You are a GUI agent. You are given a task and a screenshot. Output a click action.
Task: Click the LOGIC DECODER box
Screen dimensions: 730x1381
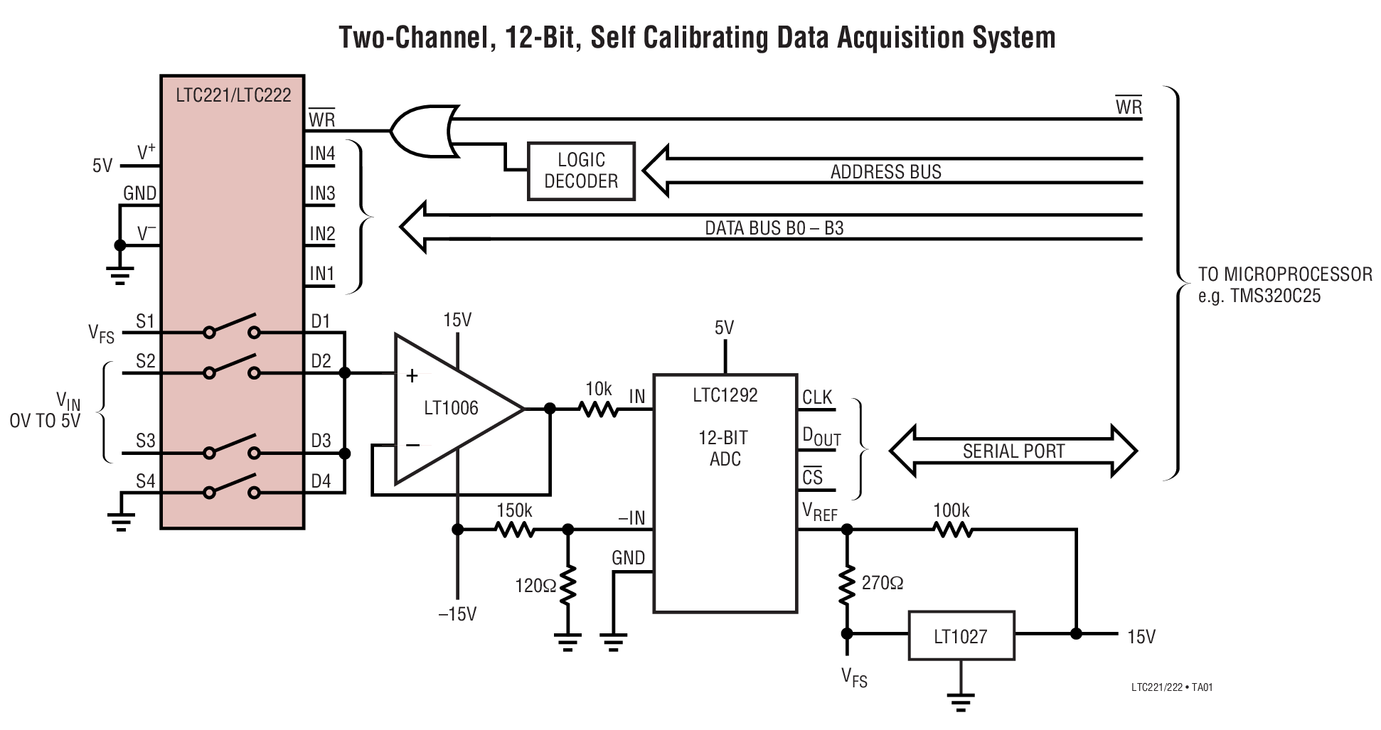tap(581, 171)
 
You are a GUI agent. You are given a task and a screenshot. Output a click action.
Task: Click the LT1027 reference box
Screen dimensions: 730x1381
tap(961, 635)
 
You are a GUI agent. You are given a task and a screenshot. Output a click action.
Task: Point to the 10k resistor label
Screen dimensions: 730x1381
tap(598, 389)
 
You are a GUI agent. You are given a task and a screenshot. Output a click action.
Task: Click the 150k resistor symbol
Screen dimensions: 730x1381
tap(514, 530)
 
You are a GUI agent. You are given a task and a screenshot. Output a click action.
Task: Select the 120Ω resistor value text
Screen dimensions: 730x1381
tap(535, 586)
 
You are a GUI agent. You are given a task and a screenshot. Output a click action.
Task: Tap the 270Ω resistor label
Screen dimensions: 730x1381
tap(882, 583)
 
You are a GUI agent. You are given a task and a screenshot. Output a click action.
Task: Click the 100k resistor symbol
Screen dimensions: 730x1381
tap(952, 530)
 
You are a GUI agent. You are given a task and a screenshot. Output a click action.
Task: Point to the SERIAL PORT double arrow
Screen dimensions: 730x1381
tap(1013, 451)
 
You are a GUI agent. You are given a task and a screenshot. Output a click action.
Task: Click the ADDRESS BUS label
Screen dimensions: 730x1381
tap(885, 172)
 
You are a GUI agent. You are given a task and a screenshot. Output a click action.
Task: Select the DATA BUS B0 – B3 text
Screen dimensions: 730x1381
tap(774, 228)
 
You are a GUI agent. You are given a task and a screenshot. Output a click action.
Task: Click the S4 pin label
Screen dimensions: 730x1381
tap(145, 481)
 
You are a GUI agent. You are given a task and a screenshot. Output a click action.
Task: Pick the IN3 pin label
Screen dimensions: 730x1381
tap(321, 193)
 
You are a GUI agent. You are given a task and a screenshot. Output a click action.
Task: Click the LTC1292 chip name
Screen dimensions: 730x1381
tap(725, 395)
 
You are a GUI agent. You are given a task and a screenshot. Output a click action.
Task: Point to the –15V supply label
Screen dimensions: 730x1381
tap(457, 614)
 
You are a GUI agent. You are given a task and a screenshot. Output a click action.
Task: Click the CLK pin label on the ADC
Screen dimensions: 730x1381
tap(816, 397)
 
